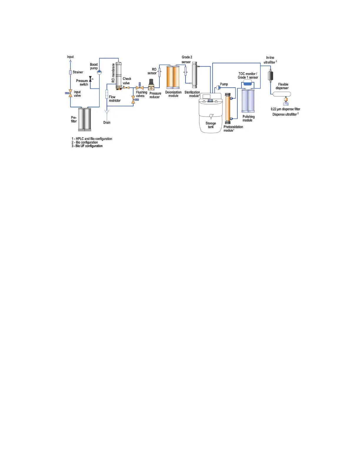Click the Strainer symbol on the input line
70,72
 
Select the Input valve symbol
70,94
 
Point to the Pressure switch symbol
90,79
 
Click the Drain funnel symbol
107,112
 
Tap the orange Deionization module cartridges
173,77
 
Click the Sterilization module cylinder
194,75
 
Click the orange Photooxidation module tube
228,108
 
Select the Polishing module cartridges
248,101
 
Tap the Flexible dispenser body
282,94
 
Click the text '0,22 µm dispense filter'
285,109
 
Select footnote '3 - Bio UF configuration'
87,146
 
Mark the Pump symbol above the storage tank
218,87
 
